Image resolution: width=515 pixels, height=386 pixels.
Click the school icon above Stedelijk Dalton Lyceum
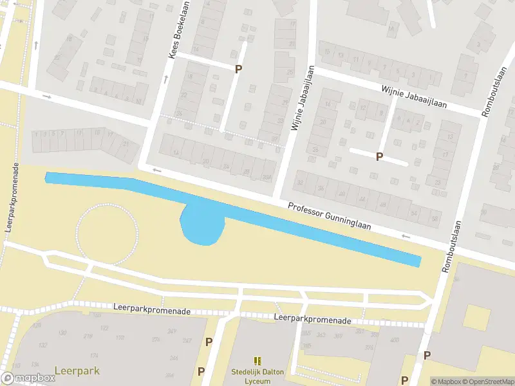257,362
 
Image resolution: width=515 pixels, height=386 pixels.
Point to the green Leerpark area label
73,371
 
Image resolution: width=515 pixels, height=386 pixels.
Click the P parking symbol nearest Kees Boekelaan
239,69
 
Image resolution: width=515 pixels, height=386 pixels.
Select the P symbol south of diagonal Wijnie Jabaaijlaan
379,156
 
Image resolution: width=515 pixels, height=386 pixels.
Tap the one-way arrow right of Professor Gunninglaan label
406,236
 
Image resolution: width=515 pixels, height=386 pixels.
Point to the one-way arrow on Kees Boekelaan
165,80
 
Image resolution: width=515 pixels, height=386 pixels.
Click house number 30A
267,178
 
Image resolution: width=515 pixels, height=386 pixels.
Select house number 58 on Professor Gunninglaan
435,219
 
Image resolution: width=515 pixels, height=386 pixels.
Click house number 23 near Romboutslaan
438,182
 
